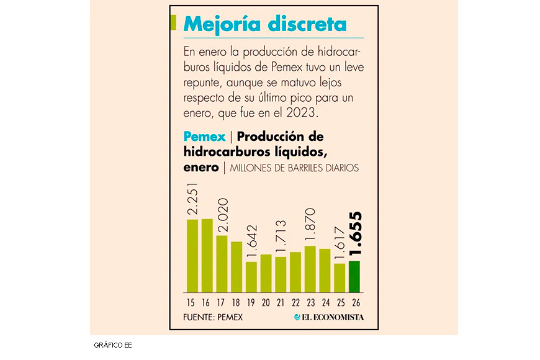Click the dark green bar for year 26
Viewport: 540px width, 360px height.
coord(354,277)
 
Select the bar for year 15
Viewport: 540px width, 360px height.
coord(192,256)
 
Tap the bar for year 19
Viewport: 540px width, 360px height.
coord(251,277)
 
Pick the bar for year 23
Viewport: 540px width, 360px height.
coord(310,269)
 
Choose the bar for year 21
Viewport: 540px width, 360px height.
coord(281,274)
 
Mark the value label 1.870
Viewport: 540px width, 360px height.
coord(310,227)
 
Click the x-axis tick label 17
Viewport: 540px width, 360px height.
coord(222,302)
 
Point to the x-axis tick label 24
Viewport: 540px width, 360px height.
coord(325,302)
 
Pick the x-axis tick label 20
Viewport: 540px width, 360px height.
coord(266,302)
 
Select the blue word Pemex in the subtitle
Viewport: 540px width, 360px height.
coord(204,136)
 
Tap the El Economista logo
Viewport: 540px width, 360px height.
coord(329,317)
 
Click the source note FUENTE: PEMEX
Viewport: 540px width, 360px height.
coord(213,317)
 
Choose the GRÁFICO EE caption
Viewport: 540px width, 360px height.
coord(112,344)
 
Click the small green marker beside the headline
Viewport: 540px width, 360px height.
coord(174,22)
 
